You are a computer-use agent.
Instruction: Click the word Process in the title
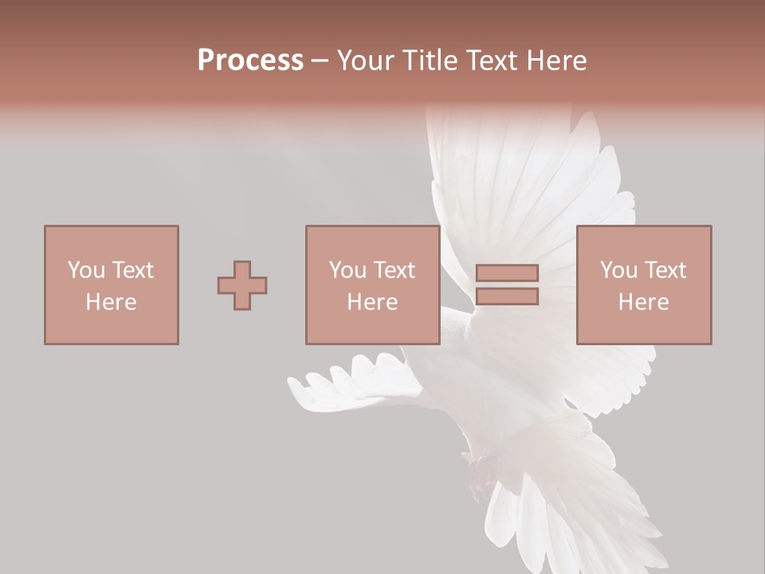(x=250, y=61)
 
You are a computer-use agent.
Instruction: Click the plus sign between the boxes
(x=242, y=285)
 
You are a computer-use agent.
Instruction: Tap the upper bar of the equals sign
(x=507, y=273)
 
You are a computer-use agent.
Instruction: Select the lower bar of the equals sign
(x=507, y=297)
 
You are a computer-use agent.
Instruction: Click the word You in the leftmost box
(x=85, y=270)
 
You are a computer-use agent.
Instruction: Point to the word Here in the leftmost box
(x=111, y=302)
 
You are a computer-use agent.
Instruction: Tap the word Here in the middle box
(x=372, y=302)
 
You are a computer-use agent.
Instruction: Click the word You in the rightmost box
(x=618, y=270)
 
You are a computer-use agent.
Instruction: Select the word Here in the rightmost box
(x=643, y=302)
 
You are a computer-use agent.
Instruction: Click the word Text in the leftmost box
(x=131, y=270)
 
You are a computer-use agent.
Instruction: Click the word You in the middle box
(x=347, y=270)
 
